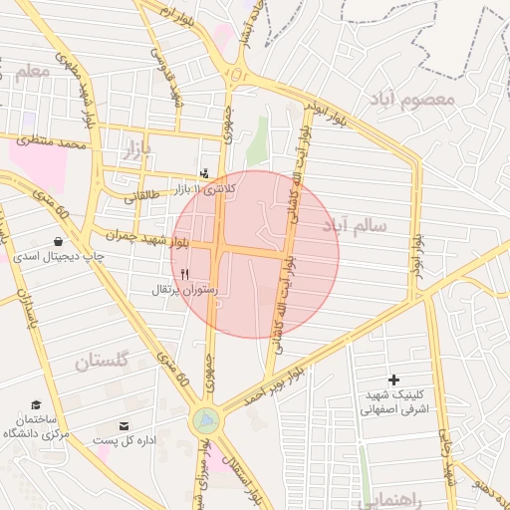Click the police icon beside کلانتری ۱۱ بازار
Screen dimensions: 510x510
[x=205, y=172]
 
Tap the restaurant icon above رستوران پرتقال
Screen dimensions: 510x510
[x=183, y=274]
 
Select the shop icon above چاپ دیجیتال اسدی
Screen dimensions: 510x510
[x=58, y=241]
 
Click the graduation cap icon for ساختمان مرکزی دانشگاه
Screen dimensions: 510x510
[x=37, y=405]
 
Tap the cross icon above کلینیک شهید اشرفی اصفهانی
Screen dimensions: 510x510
[x=393, y=380]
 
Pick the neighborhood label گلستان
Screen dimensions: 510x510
[x=103, y=362]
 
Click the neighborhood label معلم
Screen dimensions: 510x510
[x=32, y=72]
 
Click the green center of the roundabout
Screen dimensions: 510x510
[x=205, y=420]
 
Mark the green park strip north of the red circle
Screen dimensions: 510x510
[x=258, y=139]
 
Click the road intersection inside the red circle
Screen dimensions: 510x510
[x=221, y=249]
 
